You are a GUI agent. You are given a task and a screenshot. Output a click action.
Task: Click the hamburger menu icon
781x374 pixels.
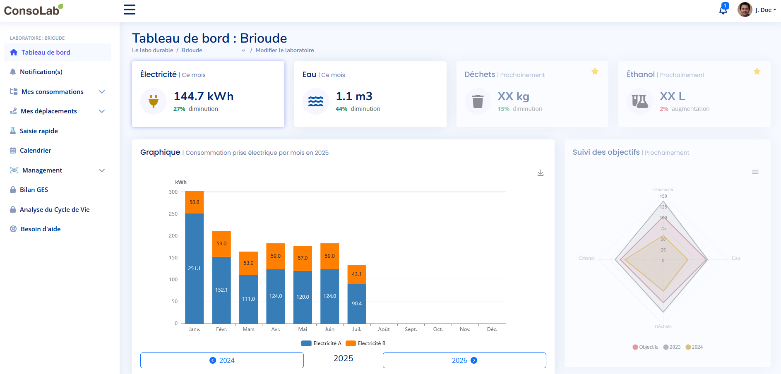pyautogui.click(x=130, y=10)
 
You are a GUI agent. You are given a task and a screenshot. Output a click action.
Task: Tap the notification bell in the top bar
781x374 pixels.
pyautogui.click(x=723, y=10)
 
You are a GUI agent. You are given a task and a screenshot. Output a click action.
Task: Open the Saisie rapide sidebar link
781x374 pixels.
pyautogui.click(x=39, y=131)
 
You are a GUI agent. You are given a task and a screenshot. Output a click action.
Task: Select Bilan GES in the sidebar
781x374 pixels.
pyautogui.click(x=34, y=189)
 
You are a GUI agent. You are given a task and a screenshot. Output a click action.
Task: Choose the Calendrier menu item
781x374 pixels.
pyautogui.click(x=36, y=150)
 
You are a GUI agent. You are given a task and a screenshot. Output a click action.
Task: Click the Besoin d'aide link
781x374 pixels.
pyautogui.click(x=41, y=229)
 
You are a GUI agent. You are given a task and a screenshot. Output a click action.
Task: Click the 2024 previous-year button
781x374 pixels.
pyautogui.click(x=222, y=360)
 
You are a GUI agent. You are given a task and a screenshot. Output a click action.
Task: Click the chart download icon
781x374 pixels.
pyautogui.click(x=540, y=173)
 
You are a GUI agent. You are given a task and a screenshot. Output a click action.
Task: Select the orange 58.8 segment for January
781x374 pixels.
pyautogui.click(x=194, y=202)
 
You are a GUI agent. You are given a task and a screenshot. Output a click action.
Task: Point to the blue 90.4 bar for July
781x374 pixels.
pyautogui.click(x=357, y=304)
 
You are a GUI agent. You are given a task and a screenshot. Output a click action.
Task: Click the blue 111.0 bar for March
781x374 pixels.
pyautogui.click(x=248, y=299)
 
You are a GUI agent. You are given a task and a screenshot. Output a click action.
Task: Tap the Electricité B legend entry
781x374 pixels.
pyautogui.click(x=366, y=343)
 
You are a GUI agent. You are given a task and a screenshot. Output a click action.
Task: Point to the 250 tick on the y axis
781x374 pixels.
pyautogui.click(x=173, y=214)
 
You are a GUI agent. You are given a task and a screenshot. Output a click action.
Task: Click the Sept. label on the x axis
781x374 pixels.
pyautogui.click(x=411, y=329)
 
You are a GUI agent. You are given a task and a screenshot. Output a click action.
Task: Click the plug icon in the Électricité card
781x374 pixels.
pyautogui.click(x=154, y=101)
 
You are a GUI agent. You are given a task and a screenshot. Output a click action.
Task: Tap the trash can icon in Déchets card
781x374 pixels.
pyautogui.click(x=478, y=101)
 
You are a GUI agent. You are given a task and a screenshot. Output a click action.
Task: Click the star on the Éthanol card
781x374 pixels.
pyautogui.click(x=757, y=71)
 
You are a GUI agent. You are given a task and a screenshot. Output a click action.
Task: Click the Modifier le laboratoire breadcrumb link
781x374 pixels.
pyautogui.click(x=284, y=50)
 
